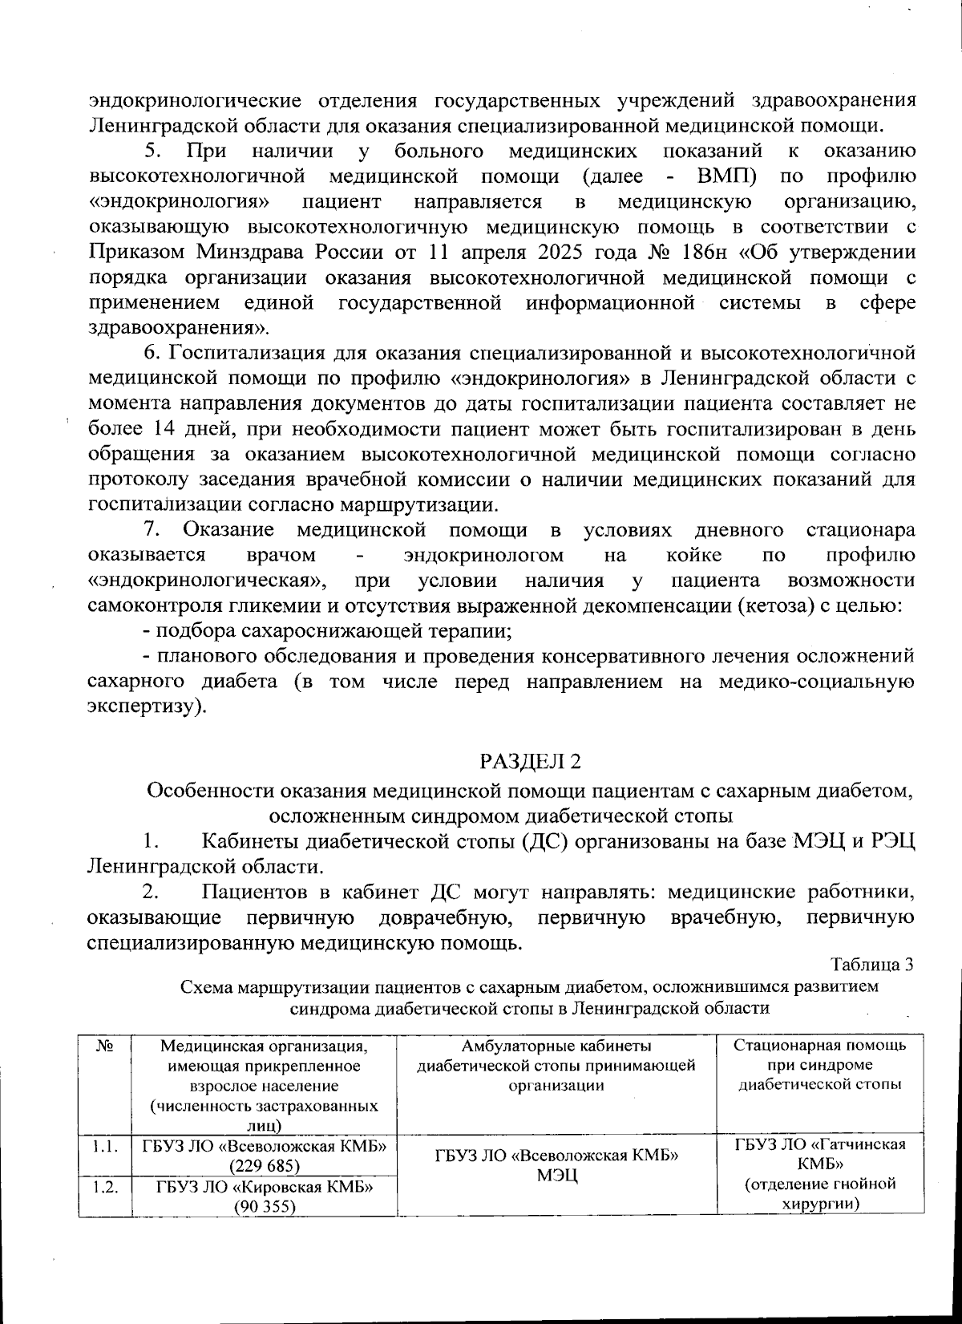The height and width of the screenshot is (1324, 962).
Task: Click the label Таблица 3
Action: pos(872,964)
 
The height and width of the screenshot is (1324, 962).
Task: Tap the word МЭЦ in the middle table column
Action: pos(556,1176)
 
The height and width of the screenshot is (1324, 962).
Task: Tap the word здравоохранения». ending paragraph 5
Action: pos(179,329)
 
